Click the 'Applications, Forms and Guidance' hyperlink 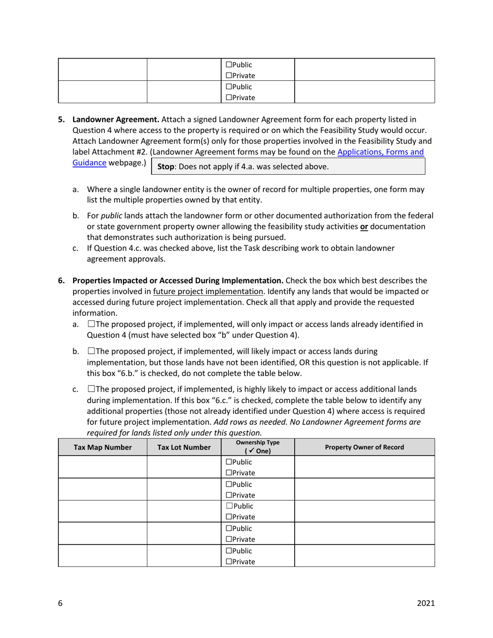click(x=380, y=152)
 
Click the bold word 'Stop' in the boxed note click(x=166, y=167)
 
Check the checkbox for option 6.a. click(x=91, y=324)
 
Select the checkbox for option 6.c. click(x=91, y=389)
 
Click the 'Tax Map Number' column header click(x=103, y=447)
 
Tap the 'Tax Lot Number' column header click(x=184, y=447)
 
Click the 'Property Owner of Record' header click(x=364, y=447)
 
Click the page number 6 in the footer click(x=60, y=603)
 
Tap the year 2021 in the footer click(x=426, y=603)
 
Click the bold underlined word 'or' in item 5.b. click(x=364, y=227)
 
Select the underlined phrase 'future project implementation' click(x=208, y=291)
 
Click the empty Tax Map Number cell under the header click(x=103, y=467)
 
